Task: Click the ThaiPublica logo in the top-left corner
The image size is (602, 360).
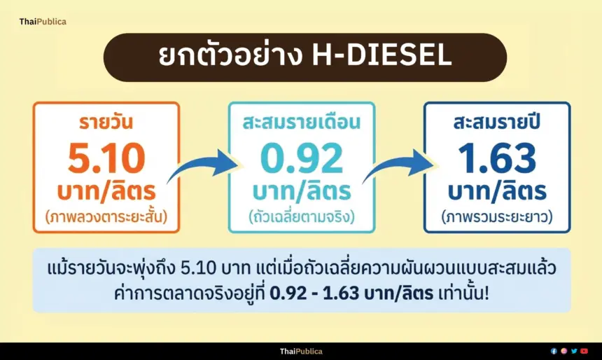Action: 43,22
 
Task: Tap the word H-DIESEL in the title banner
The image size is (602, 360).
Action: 381,56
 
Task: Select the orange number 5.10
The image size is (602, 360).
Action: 106,158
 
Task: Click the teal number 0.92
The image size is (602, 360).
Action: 302,158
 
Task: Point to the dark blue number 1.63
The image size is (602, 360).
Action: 497,158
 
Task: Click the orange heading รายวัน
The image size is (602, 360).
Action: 106,121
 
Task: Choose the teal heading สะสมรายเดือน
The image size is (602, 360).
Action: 302,122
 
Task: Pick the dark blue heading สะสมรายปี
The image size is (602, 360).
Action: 497,121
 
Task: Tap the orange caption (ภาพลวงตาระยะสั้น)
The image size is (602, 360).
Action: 106,217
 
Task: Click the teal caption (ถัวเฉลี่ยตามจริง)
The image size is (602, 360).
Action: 302,217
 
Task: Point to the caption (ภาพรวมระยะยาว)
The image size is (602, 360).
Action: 497,217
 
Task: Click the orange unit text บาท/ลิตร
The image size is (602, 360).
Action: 106,191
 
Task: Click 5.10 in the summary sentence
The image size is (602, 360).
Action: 199,268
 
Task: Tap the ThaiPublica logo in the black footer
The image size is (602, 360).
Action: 301,351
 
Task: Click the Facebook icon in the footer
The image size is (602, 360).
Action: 554,351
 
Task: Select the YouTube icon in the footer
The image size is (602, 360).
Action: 584,351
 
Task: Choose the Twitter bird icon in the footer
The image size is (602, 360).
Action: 574,351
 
